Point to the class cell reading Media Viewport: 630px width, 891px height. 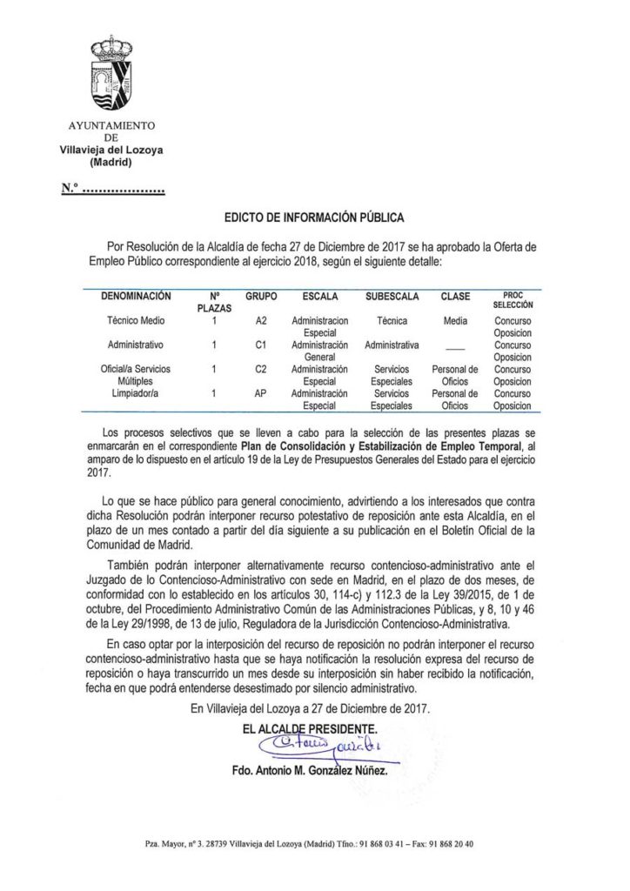(x=455, y=320)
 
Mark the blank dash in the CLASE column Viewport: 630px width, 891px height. (x=455, y=346)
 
